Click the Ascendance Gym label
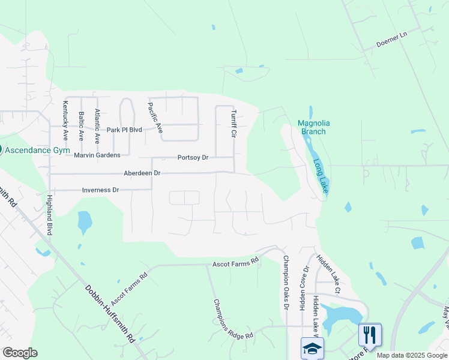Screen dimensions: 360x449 point(38,150)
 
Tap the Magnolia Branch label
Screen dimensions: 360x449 point(314,128)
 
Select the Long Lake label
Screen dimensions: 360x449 point(321,176)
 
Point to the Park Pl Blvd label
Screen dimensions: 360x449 point(124,130)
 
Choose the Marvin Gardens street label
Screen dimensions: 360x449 point(97,155)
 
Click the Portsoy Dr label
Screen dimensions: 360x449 point(193,158)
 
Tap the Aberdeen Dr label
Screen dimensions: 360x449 point(142,173)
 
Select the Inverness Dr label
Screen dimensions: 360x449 point(101,190)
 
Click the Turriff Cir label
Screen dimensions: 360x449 point(235,124)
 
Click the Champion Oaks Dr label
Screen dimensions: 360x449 point(286,283)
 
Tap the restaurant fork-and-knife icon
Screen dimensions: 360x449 point(370,335)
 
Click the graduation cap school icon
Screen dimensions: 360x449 point(312,348)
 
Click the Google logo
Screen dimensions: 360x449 point(20,353)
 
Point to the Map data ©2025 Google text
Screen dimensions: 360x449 point(411,355)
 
